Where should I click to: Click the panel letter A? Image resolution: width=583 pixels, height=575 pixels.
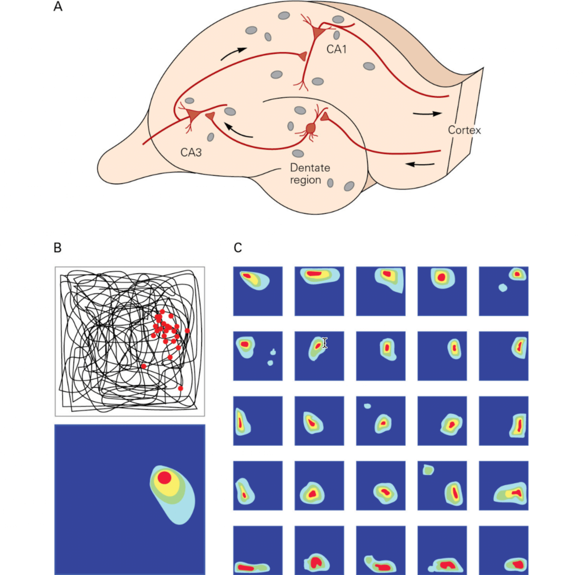[x=58, y=7]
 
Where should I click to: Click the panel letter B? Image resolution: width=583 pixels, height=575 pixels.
[x=58, y=247]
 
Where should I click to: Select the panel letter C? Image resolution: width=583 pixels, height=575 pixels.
[x=238, y=247]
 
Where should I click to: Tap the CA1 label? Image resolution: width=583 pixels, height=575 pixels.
[x=336, y=49]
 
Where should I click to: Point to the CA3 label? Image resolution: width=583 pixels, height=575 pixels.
[x=191, y=152]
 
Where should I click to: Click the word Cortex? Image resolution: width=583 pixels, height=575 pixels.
[x=464, y=130]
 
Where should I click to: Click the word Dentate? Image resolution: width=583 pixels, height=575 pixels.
[x=310, y=168]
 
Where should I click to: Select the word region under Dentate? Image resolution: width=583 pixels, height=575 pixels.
[x=305, y=180]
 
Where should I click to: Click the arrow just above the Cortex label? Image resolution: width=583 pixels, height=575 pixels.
[x=427, y=114]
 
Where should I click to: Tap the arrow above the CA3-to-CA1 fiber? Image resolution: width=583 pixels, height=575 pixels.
[x=234, y=54]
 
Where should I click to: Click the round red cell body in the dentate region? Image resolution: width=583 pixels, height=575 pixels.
[x=311, y=128]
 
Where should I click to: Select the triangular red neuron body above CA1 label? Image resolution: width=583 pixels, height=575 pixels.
[x=317, y=32]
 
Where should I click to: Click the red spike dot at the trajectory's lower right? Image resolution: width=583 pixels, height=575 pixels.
[x=181, y=388]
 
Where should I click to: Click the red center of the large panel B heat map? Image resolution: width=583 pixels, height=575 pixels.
[x=165, y=478]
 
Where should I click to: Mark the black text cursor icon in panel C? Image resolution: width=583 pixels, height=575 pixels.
[x=325, y=343]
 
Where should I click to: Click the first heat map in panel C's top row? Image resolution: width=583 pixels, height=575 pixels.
[x=258, y=291]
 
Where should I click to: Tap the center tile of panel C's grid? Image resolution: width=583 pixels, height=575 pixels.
[x=381, y=421]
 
